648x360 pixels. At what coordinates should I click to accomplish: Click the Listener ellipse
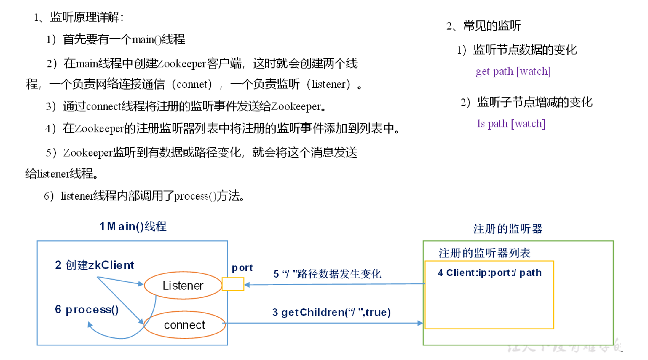(x=183, y=285)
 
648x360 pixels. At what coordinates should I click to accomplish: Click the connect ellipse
(x=184, y=325)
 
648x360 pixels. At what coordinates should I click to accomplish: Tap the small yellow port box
(x=233, y=284)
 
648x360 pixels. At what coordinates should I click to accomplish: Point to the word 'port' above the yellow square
(x=242, y=268)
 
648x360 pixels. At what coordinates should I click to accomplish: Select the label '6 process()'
(x=87, y=310)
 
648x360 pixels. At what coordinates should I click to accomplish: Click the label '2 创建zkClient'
(x=94, y=265)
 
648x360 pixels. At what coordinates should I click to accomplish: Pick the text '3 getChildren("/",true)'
(x=331, y=312)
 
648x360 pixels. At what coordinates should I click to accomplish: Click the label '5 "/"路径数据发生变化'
(x=327, y=274)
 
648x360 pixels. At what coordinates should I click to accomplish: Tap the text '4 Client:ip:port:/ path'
(x=489, y=273)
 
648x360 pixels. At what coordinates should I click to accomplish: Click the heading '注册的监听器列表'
(x=484, y=253)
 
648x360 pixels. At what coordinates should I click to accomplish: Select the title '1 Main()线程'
(x=133, y=227)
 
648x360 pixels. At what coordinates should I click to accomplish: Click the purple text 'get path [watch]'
(x=513, y=71)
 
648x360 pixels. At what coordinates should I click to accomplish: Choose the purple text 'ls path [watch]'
(x=511, y=124)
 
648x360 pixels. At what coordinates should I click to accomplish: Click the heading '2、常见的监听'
(x=483, y=26)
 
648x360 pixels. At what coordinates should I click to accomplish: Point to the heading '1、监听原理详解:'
(x=79, y=17)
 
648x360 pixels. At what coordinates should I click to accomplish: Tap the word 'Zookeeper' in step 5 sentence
(x=88, y=153)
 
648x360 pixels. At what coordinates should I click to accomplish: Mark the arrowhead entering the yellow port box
(x=247, y=285)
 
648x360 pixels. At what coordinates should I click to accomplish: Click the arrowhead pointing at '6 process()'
(x=90, y=325)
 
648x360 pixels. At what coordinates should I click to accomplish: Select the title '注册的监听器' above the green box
(x=508, y=229)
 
